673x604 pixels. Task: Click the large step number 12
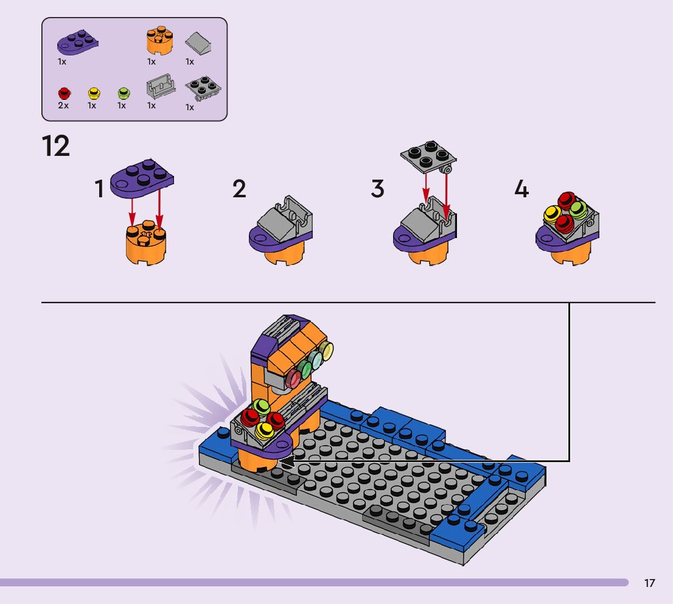[x=56, y=146]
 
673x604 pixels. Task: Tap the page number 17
[x=649, y=583]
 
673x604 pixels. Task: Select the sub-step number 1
[x=100, y=189]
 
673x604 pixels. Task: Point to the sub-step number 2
[x=239, y=189]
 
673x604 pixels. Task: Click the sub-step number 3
[x=378, y=189]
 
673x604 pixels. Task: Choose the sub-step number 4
[x=521, y=189]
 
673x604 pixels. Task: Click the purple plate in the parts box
[x=78, y=43]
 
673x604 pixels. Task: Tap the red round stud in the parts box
[x=65, y=93]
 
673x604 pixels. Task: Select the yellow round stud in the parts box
[x=94, y=93]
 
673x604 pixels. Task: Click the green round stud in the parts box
[x=124, y=93]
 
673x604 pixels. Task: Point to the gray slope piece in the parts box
[x=198, y=43]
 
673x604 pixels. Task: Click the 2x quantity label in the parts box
[x=63, y=106]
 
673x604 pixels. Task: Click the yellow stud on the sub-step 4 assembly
[x=553, y=213]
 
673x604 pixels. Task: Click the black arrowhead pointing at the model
[x=287, y=462]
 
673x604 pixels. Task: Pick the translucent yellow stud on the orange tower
[x=327, y=351]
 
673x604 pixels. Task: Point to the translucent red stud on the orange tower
[x=293, y=379]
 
